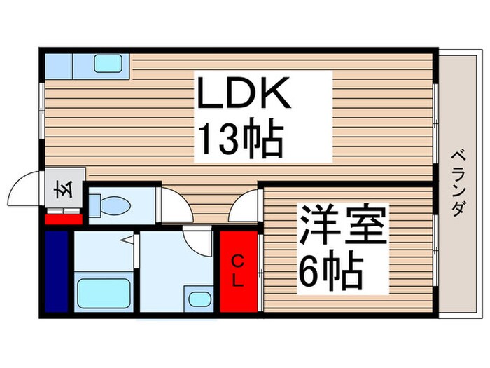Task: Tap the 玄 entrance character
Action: pos(59,190)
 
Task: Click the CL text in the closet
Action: pos(238,271)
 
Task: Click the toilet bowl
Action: pos(115,206)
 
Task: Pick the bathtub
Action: pos(103,291)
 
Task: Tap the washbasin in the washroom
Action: pos(199,299)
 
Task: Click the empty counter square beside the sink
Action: pos(59,64)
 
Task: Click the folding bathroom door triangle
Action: pos(131,242)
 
